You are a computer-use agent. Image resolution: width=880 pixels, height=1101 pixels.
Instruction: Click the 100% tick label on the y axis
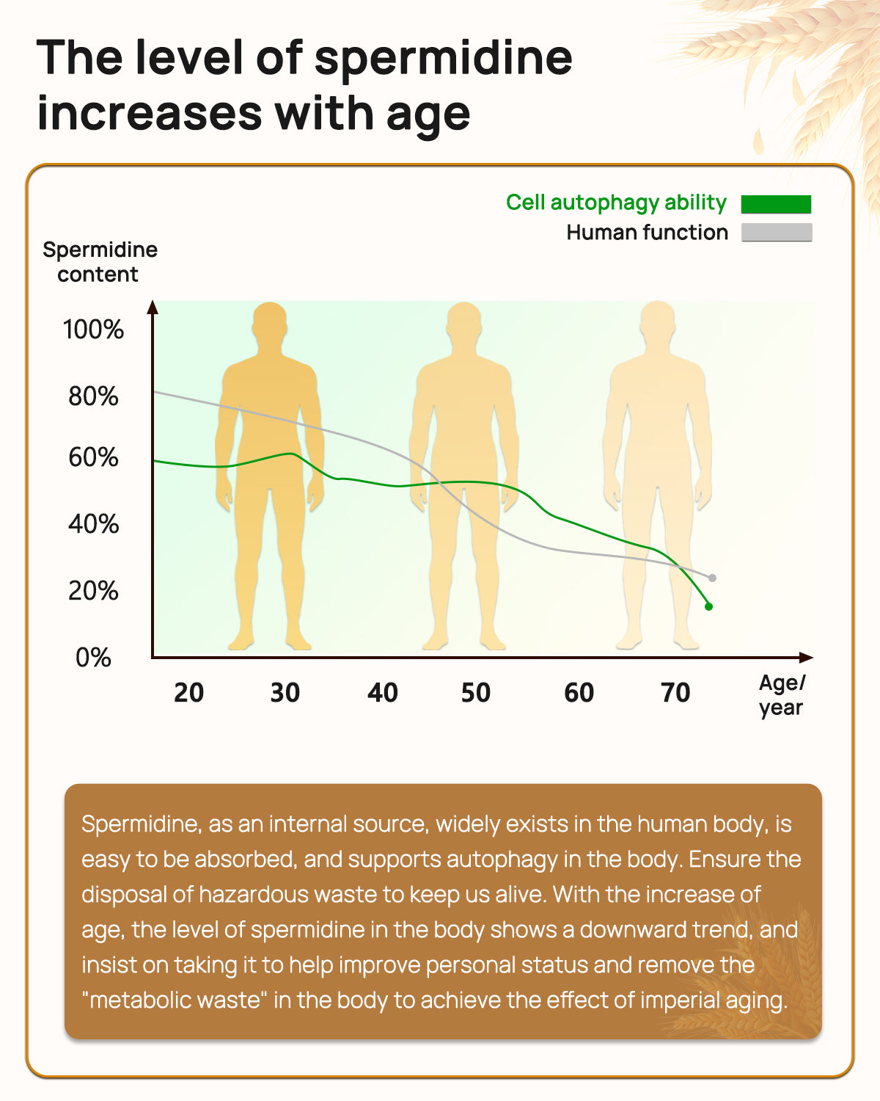click(x=93, y=330)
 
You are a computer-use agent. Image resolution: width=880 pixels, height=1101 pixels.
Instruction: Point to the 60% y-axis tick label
click(x=93, y=457)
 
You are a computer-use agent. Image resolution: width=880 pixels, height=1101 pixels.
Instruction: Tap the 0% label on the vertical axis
click(x=93, y=658)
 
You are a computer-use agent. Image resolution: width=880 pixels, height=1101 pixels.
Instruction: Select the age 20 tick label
click(x=188, y=693)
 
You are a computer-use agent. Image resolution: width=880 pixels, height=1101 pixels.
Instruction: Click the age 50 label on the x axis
click(x=475, y=693)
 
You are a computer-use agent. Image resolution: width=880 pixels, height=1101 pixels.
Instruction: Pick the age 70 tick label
click(x=675, y=693)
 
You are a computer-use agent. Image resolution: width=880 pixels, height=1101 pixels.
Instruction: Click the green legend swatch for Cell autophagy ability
click(x=776, y=204)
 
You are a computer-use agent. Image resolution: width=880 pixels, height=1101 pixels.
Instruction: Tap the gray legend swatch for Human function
click(x=776, y=233)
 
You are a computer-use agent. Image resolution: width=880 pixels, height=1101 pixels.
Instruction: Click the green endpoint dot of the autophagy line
click(x=708, y=606)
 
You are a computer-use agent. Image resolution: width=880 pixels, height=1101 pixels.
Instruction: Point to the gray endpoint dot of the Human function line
click(x=712, y=578)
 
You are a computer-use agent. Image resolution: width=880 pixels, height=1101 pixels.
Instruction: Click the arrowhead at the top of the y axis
click(x=153, y=306)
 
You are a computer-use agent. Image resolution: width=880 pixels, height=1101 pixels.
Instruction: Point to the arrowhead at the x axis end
click(x=807, y=658)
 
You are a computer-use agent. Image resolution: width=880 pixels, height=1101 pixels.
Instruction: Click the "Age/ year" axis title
click(x=782, y=695)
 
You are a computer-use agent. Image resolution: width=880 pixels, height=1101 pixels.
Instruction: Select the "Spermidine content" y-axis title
click(x=100, y=262)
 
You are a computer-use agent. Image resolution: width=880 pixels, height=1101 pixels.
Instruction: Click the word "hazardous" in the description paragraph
click(x=253, y=895)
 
